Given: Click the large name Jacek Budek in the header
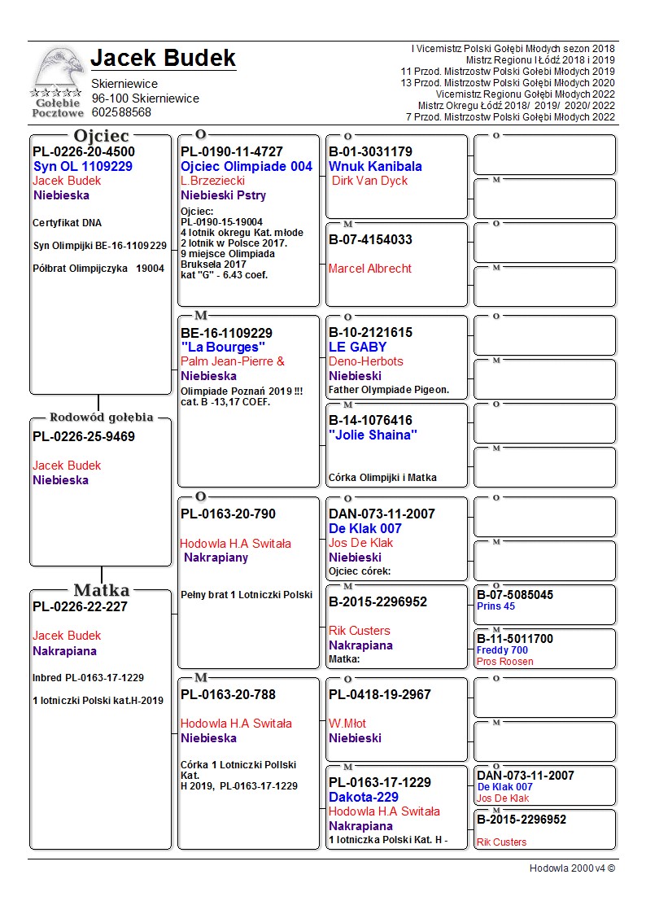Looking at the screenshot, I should click(x=163, y=58).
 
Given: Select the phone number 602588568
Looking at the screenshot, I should click(x=121, y=112).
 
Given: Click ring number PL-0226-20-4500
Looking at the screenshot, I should click(x=84, y=151).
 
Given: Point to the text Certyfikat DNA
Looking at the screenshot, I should click(x=67, y=223).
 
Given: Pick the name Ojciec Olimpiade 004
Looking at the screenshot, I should click(x=247, y=166).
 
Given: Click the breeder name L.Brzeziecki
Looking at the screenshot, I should click(x=213, y=181).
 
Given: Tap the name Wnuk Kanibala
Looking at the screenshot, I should click(x=375, y=166).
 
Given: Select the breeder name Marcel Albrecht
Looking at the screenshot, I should click(x=370, y=269).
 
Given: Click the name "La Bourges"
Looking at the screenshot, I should click(x=223, y=348).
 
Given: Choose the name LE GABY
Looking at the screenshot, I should click(x=357, y=347).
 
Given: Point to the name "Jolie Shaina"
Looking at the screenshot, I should click(x=373, y=435).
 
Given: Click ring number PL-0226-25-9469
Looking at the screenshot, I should click(x=84, y=436).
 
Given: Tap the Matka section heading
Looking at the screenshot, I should click(x=101, y=590).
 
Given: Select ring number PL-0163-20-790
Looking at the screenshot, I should click(x=228, y=514).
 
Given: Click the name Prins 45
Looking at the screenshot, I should click(x=495, y=606).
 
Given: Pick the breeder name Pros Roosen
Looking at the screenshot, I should click(x=505, y=662).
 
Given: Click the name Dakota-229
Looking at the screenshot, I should click(x=364, y=797).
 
